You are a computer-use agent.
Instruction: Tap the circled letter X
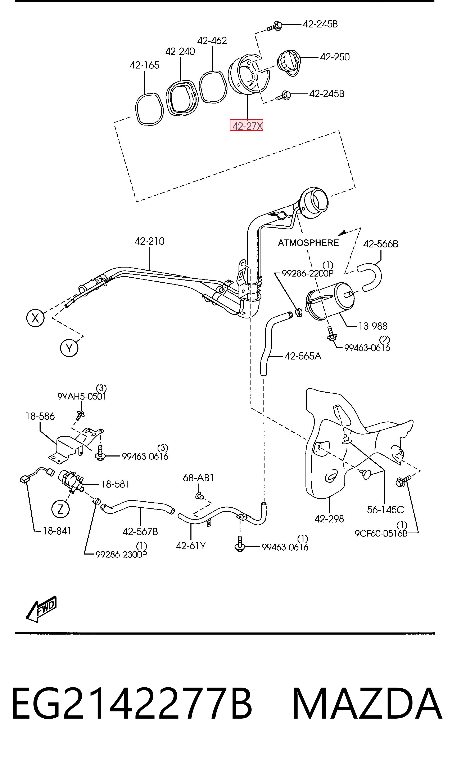coord(35,318)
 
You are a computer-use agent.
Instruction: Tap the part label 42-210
coord(150,241)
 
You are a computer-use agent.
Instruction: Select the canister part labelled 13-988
coord(330,301)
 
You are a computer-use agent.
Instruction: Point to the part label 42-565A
coord(303,356)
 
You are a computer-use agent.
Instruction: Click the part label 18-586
coord(40,416)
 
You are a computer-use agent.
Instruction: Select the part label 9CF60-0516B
coord(381,533)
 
